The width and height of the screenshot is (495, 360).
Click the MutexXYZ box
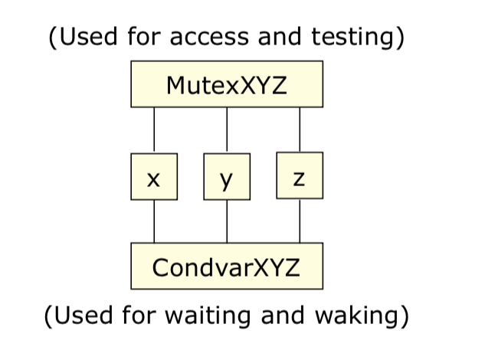[x=227, y=84]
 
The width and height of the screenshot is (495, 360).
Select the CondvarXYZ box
[x=227, y=266]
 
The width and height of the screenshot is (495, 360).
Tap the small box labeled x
[x=154, y=177]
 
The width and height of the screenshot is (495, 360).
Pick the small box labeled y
[x=227, y=177]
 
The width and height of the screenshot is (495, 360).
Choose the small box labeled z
[x=300, y=175]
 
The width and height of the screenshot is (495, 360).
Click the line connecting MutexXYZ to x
[x=154, y=130]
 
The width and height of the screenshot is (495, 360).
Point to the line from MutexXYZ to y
[x=227, y=130]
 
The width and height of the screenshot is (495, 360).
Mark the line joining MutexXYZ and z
[x=300, y=129]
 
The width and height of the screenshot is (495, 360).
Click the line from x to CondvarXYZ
[x=154, y=221]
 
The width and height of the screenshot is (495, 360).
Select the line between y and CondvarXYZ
[x=227, y=221]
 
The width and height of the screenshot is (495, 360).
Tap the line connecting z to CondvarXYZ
[x=300, y=221]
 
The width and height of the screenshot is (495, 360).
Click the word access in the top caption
[x=209, y=38]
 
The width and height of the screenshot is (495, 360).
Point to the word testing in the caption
[x=352, y=38]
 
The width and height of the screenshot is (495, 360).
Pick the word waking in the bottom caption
[x=356, y=316]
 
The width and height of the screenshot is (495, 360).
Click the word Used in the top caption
[x=88, y=36]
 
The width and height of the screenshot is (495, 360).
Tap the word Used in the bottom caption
[x=84, y=315]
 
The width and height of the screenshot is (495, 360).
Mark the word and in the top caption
[x=280, y=36]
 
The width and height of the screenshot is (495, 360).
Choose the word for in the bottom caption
[x=139, y=315]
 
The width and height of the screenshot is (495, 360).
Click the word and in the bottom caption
[x=283, y=315]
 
